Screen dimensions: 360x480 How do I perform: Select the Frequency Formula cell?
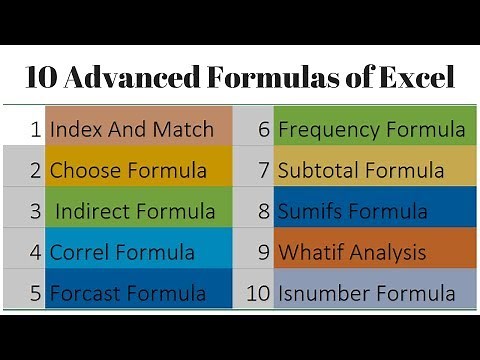pyautogui.click(x=371, y=128)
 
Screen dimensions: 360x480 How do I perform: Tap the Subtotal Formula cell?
pyautogui.click(x=371, y=170)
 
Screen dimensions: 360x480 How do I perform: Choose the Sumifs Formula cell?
pyautogui.click(x=371, y=211)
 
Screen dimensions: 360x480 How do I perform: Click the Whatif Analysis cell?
pyautogui.click(x=371, y=252)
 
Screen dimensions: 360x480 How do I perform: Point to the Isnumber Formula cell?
pyautogui.click(x=371, y=293)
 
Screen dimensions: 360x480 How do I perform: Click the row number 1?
pyautogui.click(x=35, y=129)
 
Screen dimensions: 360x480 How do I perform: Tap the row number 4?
pyautogui.click(x=35, y=252)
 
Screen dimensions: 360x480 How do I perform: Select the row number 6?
pyautogui.click(x=264, y=129)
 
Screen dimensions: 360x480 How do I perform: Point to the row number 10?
pyautogui.click(x=257, y=294)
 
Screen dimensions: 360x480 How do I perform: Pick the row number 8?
pyautogui.click(x=264, y=211)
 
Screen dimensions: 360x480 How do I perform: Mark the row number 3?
pyautogui.click(x=35, y=211)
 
